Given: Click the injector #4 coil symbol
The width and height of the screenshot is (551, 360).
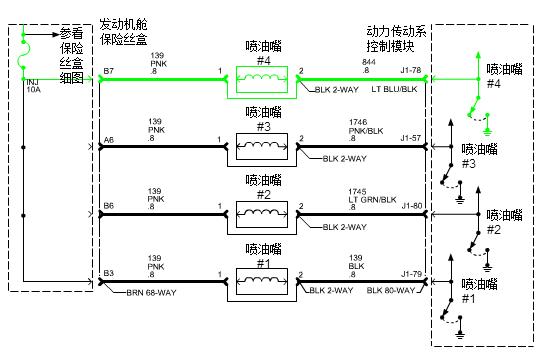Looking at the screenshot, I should tap(261, 77).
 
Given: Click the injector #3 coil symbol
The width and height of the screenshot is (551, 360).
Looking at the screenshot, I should tap(261, 145).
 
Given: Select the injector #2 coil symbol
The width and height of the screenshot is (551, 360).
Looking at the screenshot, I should tap(261, 213).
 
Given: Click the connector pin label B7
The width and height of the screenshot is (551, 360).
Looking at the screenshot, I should tap(108, 71).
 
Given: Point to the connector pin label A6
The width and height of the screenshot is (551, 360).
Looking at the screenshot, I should tap(108, 139).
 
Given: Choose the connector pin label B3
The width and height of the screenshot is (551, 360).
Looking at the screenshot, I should tap(108, 273).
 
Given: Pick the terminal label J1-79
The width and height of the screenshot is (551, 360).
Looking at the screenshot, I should tap(411, 273).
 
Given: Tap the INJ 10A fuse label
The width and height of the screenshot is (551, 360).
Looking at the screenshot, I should tap(34, 85).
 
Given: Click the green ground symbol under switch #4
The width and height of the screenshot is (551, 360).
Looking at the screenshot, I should tap(486, 128).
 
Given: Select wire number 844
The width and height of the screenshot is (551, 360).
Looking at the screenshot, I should tap(369, 62).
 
